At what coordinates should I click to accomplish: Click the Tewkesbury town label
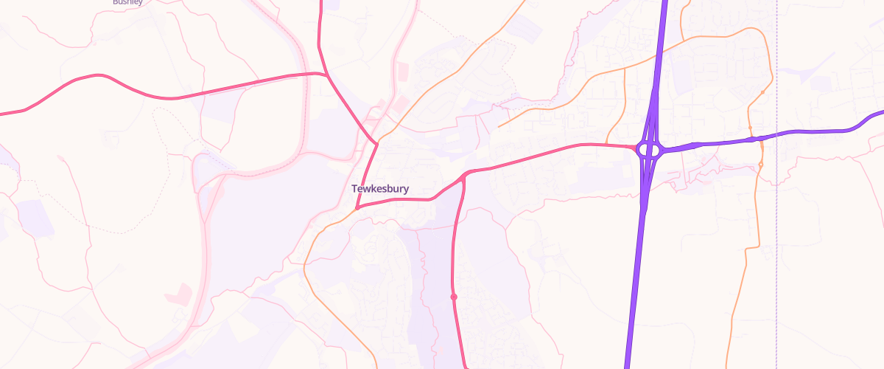coord(380,189)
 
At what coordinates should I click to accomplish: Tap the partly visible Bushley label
coord(127,2)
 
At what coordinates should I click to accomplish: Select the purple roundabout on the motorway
coord(649,150)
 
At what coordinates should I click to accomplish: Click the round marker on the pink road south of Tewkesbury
coord(454,297)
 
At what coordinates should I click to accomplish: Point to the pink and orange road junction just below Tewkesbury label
coord(357,207)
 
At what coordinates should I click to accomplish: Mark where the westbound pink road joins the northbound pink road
coord(326,74)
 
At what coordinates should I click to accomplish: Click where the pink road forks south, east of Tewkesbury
coord(464,176)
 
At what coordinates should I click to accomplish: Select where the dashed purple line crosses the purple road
coord(777,134)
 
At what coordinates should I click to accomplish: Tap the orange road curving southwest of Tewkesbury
coord(309,251)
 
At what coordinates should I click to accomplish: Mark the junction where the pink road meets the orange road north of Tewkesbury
coord(376,143)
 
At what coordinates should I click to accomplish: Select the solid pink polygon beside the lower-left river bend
coord(179,294)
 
